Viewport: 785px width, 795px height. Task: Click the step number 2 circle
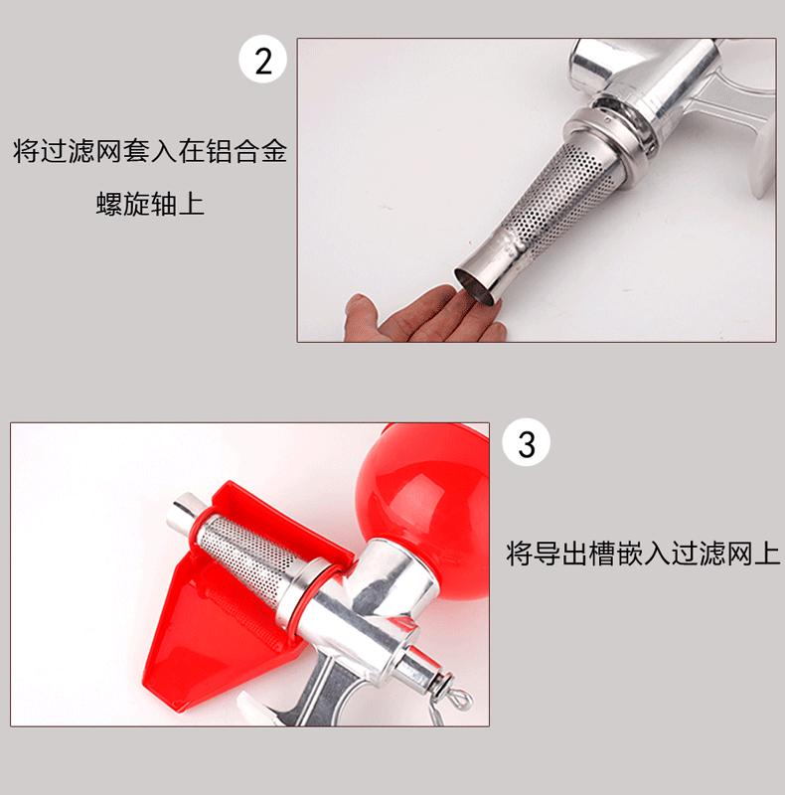(262, 60)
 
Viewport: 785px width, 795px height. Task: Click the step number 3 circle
(527, 442)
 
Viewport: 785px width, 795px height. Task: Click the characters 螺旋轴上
(150, 204)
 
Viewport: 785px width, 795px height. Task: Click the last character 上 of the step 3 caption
(767, 554)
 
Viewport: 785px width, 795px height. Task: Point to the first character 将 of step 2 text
(27, 151)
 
